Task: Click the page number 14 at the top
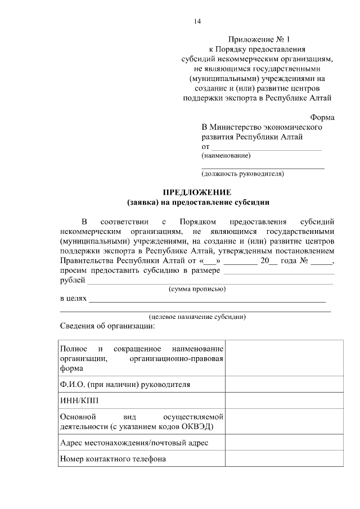tap(197, 21)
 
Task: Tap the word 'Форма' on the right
tap(322, 118)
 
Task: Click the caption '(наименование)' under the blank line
tap(226, 155)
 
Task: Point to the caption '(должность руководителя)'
tap(243, 174)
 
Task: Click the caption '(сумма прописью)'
tap(197, 289)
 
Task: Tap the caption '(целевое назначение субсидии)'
tap(197, 317)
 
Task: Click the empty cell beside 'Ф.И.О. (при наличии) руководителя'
tap(284, 385)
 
